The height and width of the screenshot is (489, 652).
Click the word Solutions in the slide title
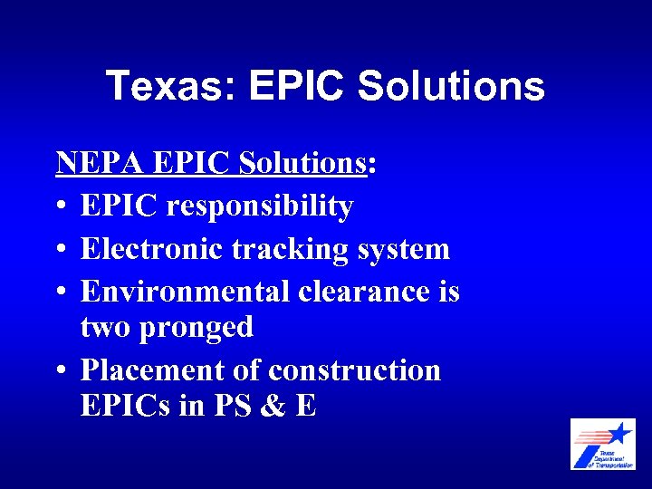[451, 87]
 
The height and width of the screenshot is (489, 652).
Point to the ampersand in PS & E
[269, 406]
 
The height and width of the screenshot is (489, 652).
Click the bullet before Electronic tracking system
[61, 249]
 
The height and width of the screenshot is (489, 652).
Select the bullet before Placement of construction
[61, 371]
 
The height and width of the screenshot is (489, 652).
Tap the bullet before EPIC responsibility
[61, 207]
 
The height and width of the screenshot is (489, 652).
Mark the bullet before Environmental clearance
[61, 292]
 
